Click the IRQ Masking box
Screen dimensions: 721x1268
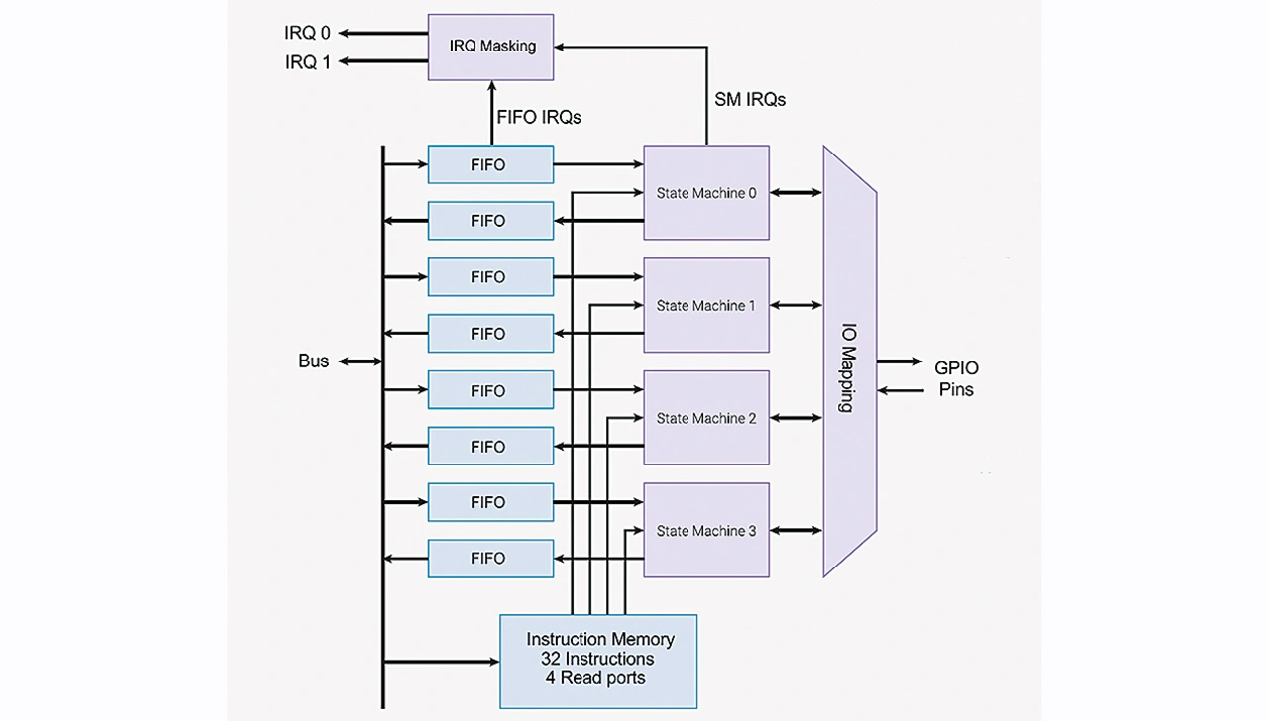point(490,47)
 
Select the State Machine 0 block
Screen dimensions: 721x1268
point(706,192)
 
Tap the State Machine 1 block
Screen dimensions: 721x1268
point(706,305)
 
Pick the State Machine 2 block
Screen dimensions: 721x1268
point(706,418)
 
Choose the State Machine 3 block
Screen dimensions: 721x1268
point(706,530)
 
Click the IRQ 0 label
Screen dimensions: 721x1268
point(307,33)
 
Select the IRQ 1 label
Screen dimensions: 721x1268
point(307,62)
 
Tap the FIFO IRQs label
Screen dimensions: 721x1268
point(539,117)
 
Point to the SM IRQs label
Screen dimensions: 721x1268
point(750,99)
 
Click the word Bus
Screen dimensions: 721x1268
point(313,361)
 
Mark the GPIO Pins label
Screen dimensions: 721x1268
point(956,378)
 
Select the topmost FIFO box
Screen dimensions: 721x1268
point(490,164)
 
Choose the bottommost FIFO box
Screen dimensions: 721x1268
point(490,559)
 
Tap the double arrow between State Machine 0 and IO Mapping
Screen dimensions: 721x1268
point(795,192)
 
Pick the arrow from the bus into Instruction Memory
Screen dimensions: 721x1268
point(441,661)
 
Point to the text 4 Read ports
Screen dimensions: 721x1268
point(594,678)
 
